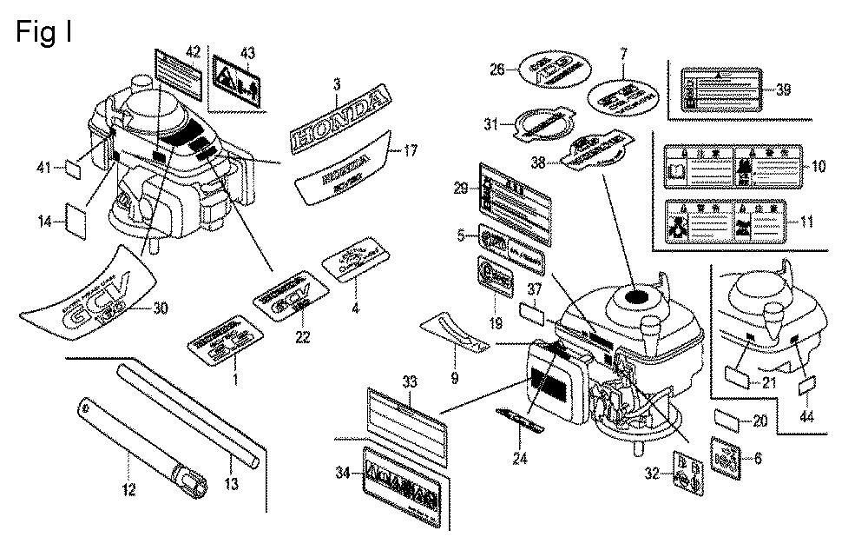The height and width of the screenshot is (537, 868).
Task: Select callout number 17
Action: [411, 151]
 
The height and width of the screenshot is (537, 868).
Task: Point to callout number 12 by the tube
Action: [128, 490]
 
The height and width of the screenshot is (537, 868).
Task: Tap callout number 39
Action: [783, 89]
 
